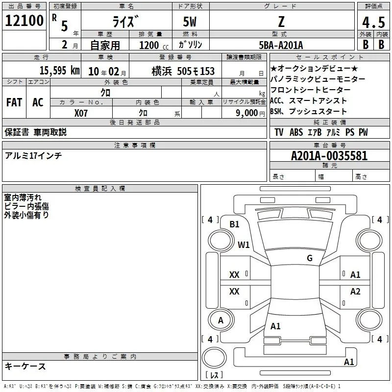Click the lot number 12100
(x=24, y=21)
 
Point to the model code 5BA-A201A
(x=281, y=45)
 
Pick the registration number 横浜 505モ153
(x=183, y=72)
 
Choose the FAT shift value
(x=14, y=102)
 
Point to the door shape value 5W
(x=191, y=22)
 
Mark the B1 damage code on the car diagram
(x=235, y=224)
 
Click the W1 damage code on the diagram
(x=244, y=244)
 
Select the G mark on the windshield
(x=309, y=258)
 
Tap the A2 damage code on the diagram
(x=355, y=292)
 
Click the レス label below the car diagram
(x=214, y=376)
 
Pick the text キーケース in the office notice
(x=25, y=366)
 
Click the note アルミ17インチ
(x=33, y=156)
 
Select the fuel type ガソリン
(x=191, y=45)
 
